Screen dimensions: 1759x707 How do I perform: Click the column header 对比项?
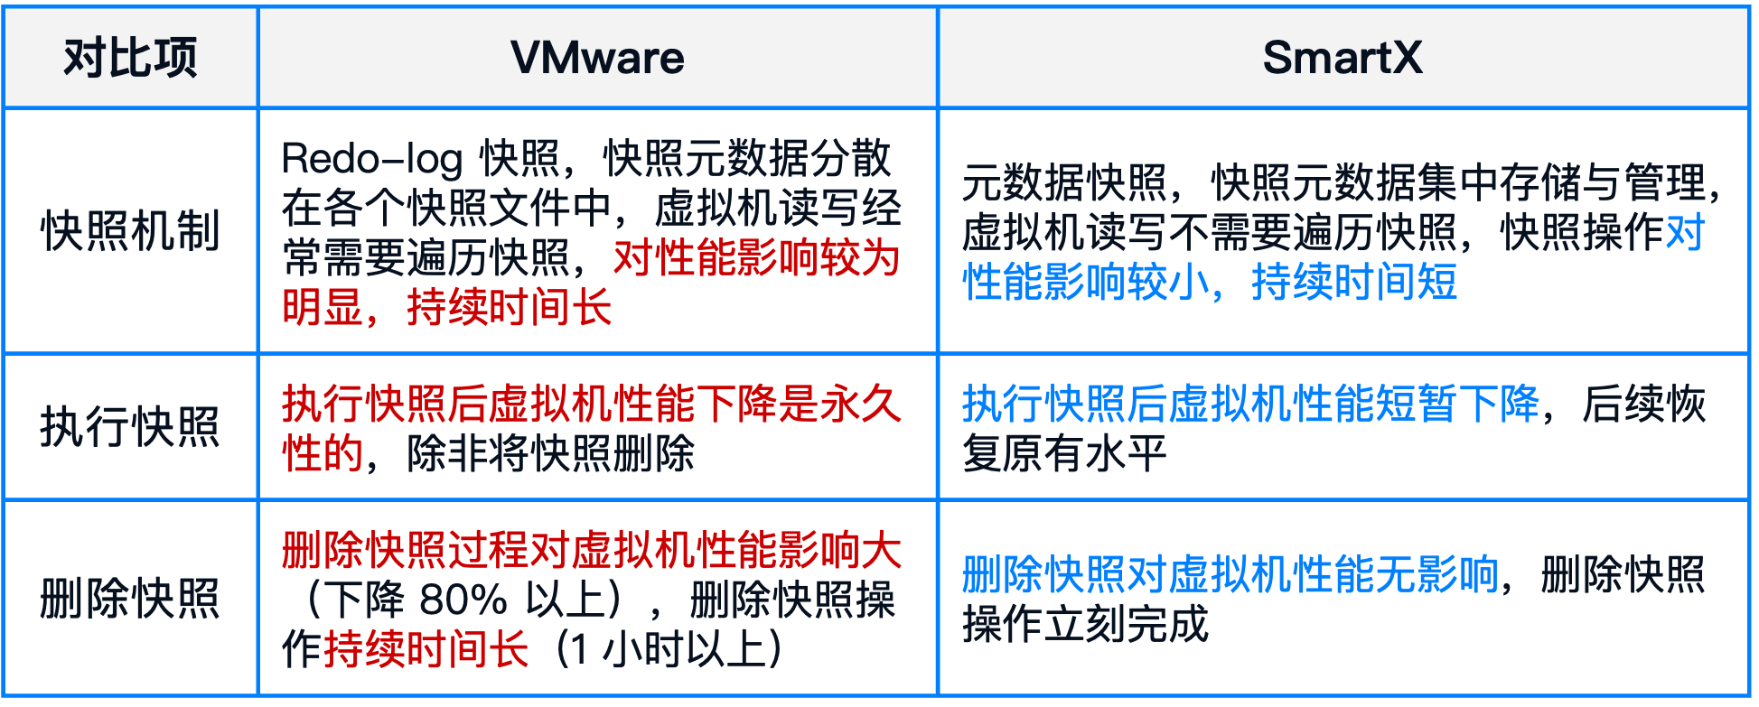130,58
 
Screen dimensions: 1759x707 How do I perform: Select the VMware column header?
597,58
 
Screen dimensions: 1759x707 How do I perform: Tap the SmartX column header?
1343,58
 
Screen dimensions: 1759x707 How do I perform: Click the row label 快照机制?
130,231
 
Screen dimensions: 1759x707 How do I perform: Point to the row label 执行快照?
130,427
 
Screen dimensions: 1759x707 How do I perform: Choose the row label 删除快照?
130,599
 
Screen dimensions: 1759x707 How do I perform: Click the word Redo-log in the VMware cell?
372,160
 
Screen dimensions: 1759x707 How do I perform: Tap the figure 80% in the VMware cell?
463,600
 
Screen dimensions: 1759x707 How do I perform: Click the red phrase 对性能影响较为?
757,258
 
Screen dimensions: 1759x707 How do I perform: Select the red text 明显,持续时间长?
447,308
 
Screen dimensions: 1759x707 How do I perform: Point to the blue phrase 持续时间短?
1354,283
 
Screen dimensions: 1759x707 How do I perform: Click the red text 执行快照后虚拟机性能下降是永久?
592,404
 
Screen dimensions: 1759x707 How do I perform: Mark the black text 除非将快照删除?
551,453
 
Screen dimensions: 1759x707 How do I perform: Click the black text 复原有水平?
1065,453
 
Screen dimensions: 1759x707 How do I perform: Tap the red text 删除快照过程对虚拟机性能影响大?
592,550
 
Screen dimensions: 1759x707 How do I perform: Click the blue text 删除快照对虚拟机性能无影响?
1230,575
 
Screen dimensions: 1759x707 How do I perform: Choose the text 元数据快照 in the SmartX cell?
1065,183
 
